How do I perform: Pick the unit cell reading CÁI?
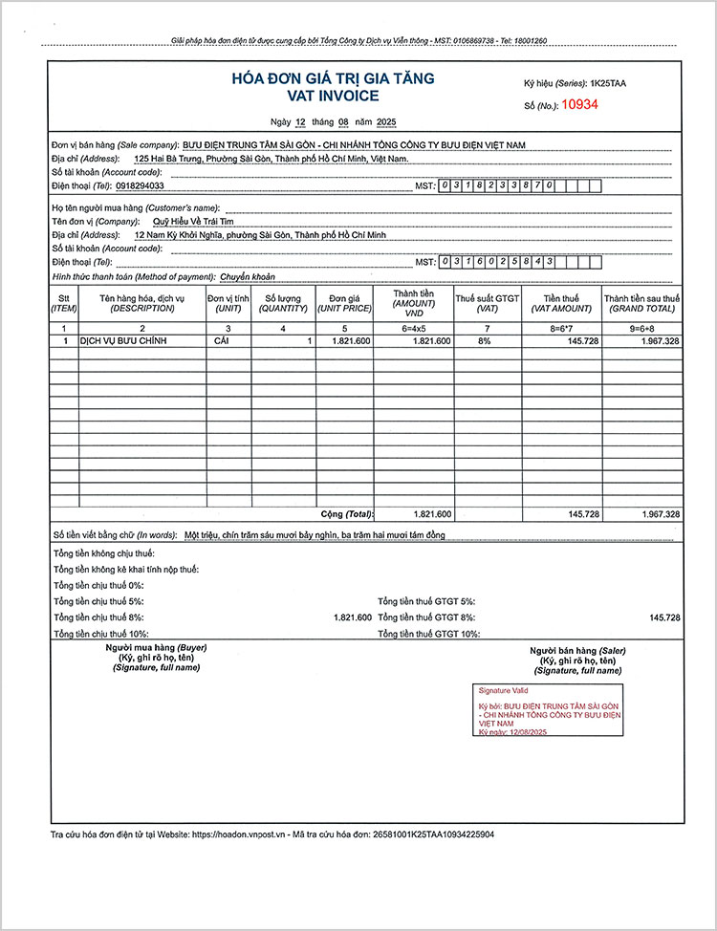coord(222,341)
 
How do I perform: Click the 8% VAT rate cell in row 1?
coord(485,341)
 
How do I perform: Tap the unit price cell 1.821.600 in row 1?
coord(350,341)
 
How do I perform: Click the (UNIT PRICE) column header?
coord(344,308)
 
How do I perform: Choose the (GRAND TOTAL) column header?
coord(641,308)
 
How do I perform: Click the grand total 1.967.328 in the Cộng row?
coord(660,514)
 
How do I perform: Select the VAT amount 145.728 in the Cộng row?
coord(583,514)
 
